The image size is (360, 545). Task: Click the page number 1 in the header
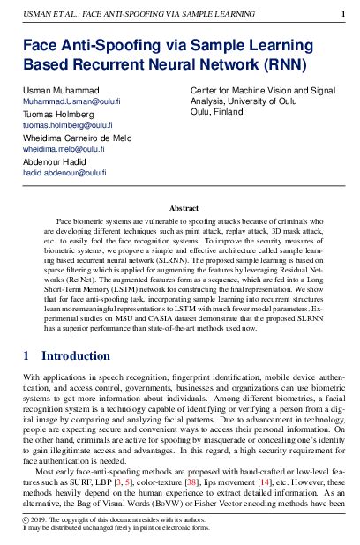pyautogui.click(x=342, y=13)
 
